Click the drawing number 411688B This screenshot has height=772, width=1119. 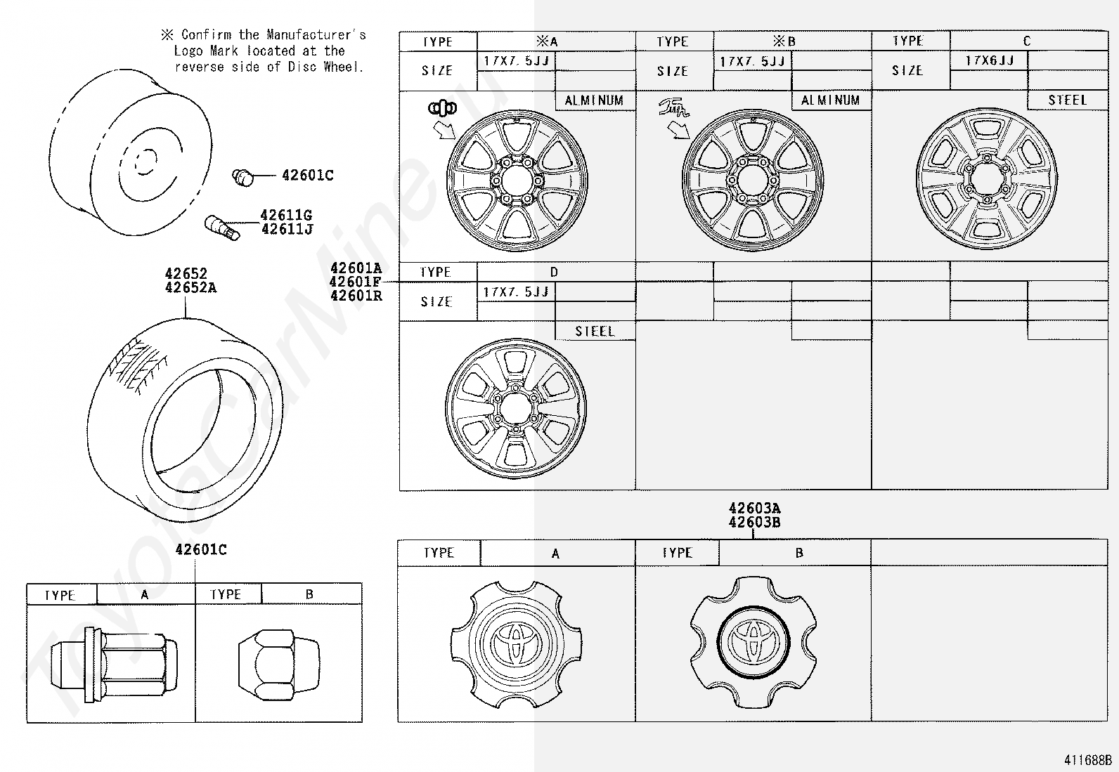1088,759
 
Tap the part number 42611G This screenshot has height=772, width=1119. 286,215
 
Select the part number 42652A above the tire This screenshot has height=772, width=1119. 190,287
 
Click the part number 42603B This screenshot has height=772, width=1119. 754,523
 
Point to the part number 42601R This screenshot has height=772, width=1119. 356,296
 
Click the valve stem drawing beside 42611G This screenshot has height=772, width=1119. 222,227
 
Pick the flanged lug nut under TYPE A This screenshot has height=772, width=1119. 114,665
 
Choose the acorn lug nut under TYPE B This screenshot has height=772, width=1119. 279,665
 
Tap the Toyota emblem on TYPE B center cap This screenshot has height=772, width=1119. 753,642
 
